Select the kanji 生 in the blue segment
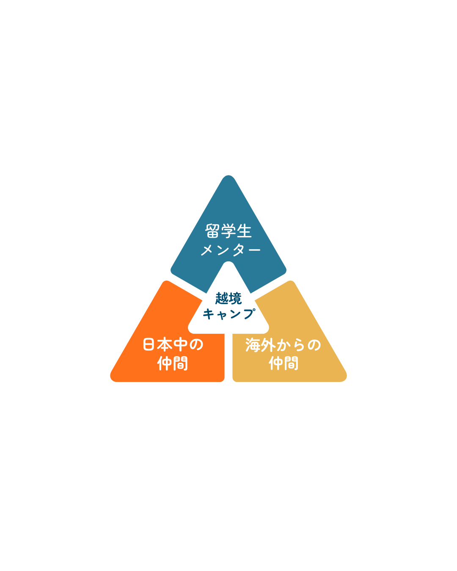244,231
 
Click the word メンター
231,250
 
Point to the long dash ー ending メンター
253,250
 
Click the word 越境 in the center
228,299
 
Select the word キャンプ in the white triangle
229,313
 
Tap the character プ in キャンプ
249,313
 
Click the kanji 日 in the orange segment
149,344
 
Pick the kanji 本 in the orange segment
164,344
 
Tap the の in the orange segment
196,345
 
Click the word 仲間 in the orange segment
173,363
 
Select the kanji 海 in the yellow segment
253,345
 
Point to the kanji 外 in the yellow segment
268,345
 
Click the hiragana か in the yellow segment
284,345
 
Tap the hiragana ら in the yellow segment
299,345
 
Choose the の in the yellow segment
314,345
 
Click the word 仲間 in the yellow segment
284,363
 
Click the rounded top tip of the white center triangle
228,262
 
